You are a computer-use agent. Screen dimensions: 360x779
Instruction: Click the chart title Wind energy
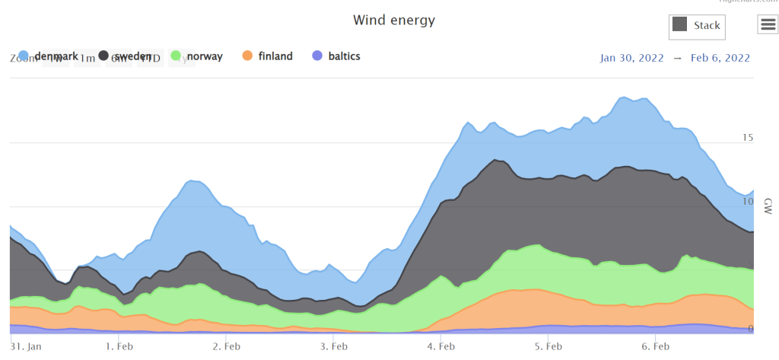click(394, 20)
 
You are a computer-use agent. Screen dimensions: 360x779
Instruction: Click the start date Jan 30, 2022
click(632, 58)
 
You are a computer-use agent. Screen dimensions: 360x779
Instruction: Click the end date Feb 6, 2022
click(720, 58)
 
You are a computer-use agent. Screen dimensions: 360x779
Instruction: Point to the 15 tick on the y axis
click(747, 138)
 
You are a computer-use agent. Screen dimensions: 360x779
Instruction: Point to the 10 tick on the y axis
click(747, 202)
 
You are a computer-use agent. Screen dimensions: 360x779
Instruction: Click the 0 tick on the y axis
click(750, 329)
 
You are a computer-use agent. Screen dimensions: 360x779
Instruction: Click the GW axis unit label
click(768, 205)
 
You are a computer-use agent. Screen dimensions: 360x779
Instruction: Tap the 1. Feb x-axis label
click(119, 346)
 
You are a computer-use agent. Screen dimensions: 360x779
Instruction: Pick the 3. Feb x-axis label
click(335, 346)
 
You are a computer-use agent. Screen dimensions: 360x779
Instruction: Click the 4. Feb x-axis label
click(442, 346)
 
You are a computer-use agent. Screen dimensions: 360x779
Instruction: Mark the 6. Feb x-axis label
click(656, 346)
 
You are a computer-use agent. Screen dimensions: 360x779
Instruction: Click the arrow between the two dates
click(677, 58)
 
